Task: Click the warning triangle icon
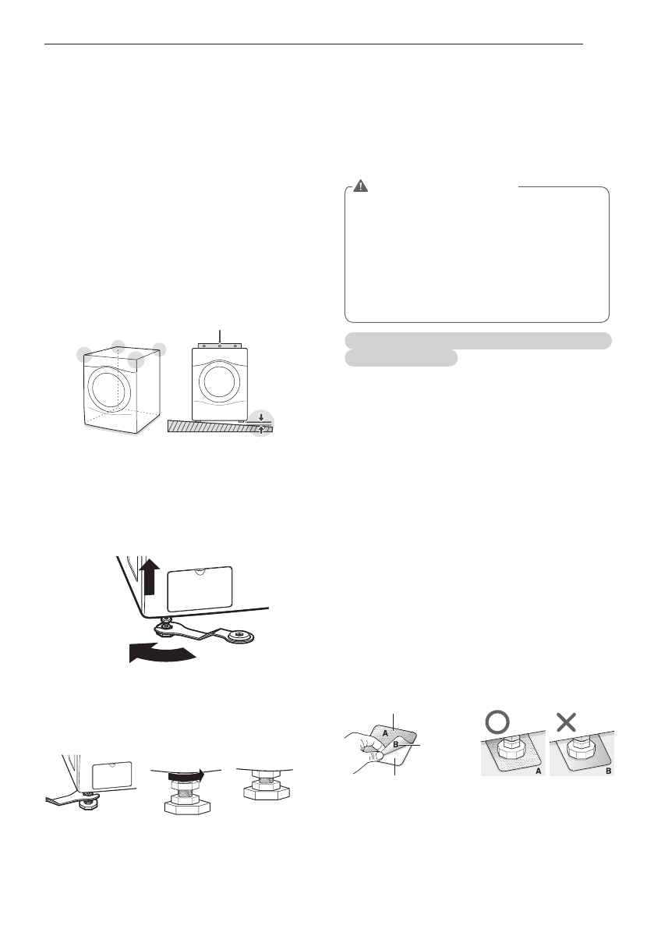click(x=360, y=186)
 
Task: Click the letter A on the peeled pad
click(x=384, y=733)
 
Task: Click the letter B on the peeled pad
click(x=396, y=745)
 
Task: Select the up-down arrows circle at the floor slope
click(x=262, y=426)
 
